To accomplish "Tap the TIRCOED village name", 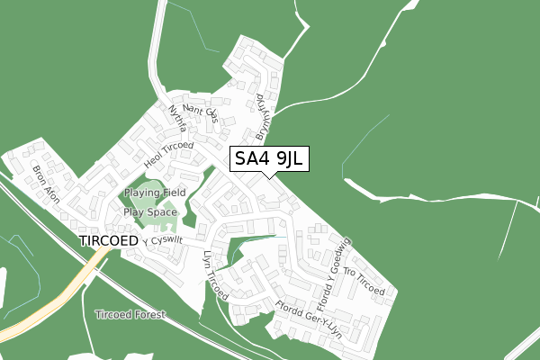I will [108, 241].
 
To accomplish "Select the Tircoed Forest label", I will [130, 315].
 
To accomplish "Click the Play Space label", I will [150, 212].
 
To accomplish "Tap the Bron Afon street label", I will [45, 184].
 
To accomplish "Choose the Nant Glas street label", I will [200, 112].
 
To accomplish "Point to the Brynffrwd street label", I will [261, 117].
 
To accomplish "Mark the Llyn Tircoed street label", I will [216, 275].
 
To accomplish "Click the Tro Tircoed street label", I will [364, 283].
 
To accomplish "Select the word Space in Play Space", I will [162, 212].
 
